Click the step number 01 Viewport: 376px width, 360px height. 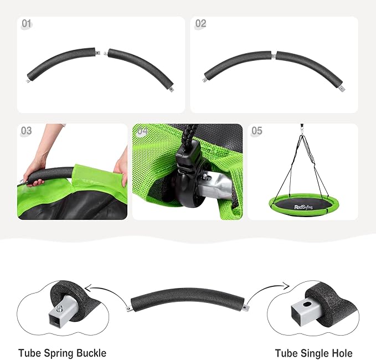click(x=27, y=24)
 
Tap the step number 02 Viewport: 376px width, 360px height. click(x=200, y=23)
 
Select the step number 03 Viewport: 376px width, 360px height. click(x=27, y=131)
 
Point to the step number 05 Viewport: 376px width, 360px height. click(x=257, y=131)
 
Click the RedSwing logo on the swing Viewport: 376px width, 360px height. click(x=303, y=207)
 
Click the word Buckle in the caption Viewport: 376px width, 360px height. click(x=91, y=353)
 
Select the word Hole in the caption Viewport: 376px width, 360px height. click(x=342, y=353)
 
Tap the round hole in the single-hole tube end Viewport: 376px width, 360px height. click(x=307, y=305)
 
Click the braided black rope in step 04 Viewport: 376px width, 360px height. click(x=188, y=133)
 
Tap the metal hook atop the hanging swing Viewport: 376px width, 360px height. click(x=301, y=129)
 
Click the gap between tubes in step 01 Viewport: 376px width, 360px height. click(x=101, y=53)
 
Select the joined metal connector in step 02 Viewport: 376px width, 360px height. click(x=274, y=56)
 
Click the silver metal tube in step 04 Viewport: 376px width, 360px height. click(x=214, y=183)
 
